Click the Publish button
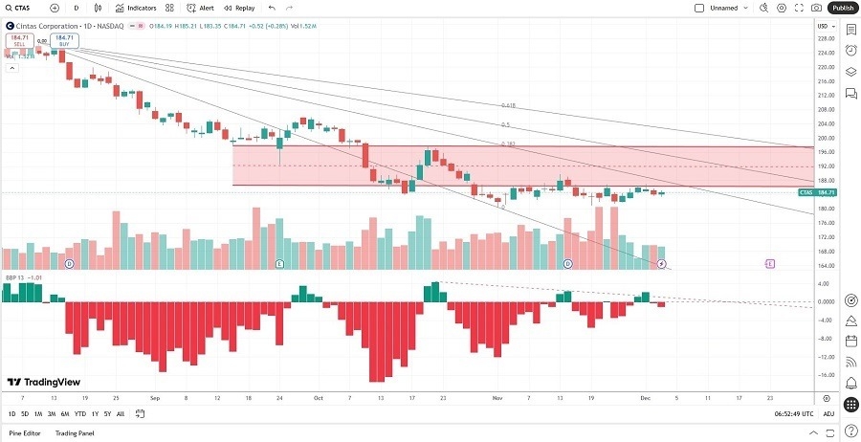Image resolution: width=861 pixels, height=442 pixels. point(842,8)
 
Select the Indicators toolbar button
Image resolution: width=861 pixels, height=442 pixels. point(135,8)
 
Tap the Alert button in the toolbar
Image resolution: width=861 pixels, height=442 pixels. point(200,8)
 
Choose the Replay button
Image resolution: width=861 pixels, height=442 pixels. point(239,8)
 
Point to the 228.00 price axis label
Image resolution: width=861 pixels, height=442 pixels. point(826,38)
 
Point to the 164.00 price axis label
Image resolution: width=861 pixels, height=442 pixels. point(826,266)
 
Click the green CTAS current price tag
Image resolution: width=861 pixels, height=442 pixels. point(818,192)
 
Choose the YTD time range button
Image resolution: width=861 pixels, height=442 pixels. point(79,414)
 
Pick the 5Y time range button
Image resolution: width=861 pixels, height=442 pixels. point(106,414)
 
